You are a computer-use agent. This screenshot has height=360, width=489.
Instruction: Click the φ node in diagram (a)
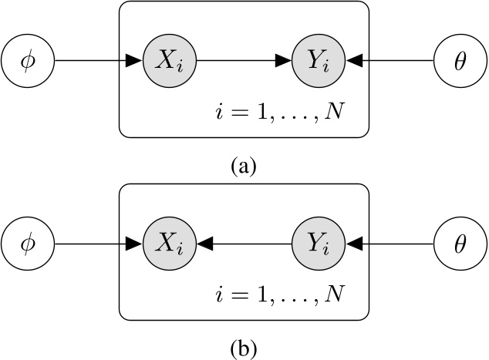pos(28,59)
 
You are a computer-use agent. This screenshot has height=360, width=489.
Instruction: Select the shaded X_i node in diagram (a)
pos(170,59)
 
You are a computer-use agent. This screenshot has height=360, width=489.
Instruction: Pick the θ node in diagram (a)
pos(460,59)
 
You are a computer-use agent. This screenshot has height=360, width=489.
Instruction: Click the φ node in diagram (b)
pos(28,244)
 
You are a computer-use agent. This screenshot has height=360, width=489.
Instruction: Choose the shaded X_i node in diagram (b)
pos(170,244)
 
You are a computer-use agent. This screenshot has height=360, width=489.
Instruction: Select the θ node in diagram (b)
pos(460,244)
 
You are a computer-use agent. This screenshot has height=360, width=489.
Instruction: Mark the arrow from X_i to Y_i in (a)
pos(244,59)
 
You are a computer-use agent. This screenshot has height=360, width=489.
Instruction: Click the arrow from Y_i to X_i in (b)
pos(244,244)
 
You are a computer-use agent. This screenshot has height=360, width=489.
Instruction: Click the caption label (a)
pos(244,164)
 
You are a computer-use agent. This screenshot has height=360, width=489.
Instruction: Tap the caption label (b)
pos(244,349)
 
